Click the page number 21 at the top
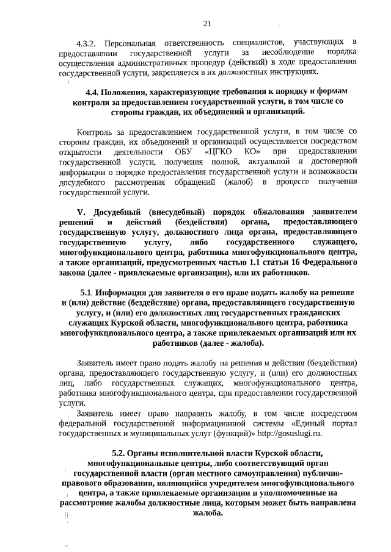pyautogui.click(x=206, y=24)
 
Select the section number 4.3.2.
pyautogui.click(x=87, y=44)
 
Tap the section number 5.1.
pyautogui.click(x=89, y=292)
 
